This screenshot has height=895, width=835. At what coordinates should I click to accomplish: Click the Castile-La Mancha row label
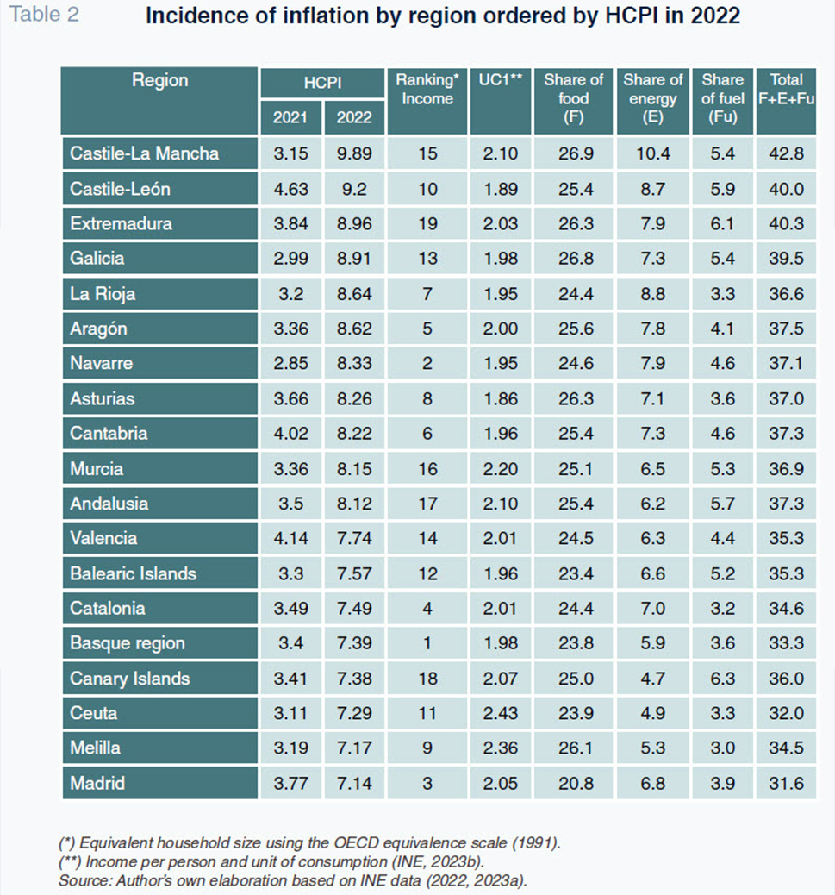click(x=144, y=153)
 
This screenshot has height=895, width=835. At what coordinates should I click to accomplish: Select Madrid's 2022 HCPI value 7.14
click(x=354, y=783)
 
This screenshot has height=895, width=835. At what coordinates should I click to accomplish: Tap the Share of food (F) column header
click(x=574, y=98)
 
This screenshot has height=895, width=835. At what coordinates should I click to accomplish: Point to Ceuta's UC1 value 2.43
click(x=500, y=713)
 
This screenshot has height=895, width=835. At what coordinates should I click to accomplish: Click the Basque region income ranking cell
click(x=427, y=643)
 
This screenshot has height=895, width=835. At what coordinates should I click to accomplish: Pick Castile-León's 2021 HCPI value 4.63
click(x=291, y=189)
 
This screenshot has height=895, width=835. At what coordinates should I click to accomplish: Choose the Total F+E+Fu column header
click(x=787, y=89)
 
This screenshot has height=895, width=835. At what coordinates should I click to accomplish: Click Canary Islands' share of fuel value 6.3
click(x=722, y=679)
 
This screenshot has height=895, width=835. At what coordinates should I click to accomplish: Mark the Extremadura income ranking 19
click(x=427, y=224)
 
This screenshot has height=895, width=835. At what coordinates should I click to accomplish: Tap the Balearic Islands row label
click(x=133, y=573)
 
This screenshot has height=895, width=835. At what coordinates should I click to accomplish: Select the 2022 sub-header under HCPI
click(x=354, y=117)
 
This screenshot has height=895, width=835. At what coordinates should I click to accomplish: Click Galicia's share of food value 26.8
click(x=576, y=259)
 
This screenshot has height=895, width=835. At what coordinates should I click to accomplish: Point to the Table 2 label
click(x=45, y=15)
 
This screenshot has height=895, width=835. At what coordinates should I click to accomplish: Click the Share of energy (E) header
click(x=653, y=98)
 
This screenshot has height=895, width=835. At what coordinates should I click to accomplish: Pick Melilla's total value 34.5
click(x=787, y=748)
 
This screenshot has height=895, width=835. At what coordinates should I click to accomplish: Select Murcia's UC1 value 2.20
click(x=500, y=469)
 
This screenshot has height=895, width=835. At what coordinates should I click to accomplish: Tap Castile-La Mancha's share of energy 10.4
click(x=653, y=153)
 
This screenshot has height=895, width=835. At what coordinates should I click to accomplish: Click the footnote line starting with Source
click(x=293, y=880)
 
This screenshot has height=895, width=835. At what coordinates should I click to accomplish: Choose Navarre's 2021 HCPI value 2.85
click(x=291, y=364)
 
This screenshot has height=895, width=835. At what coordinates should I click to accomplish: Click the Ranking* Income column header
click(x=427, y=89)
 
